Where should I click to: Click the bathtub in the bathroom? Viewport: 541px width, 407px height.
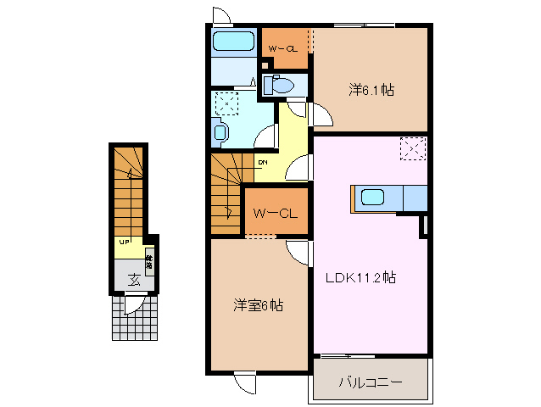[232, 42]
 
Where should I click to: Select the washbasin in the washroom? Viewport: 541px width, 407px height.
[220, 132]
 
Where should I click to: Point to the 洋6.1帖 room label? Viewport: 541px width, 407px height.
[371, 88]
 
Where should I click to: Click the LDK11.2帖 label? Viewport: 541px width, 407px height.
[362, 276]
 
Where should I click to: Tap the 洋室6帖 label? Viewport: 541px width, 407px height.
[259, 304]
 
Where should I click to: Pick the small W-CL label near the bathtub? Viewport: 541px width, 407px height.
[282, 48]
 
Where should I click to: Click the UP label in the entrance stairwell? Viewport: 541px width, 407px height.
[124, 242]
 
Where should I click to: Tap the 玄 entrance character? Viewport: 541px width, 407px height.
[134, 279]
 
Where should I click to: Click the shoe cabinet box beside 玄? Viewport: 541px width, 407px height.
[148, 262]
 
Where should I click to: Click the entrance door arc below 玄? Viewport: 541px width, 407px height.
[133, 304]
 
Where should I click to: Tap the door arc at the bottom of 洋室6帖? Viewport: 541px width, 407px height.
[246, 382]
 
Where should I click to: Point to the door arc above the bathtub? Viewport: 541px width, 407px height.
[220, 15]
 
